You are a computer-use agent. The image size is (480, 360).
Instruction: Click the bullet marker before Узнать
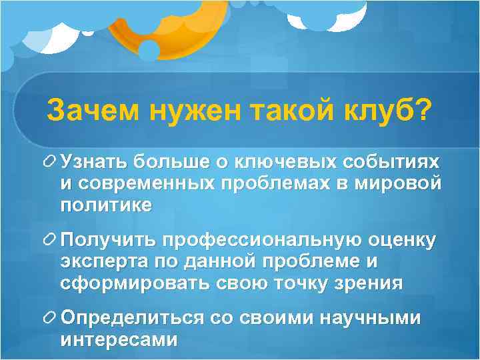click(49, 161)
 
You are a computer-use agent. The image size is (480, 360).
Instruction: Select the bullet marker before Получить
click(49, 239)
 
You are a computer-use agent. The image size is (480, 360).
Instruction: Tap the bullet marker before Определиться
click(49, 318)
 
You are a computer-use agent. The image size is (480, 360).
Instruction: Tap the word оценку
click(401, 240)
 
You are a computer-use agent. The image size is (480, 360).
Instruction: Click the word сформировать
click(135, 283)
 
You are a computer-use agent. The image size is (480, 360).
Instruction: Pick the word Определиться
click(131, 318)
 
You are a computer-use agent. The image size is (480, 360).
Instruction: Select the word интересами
click(119, 340)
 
